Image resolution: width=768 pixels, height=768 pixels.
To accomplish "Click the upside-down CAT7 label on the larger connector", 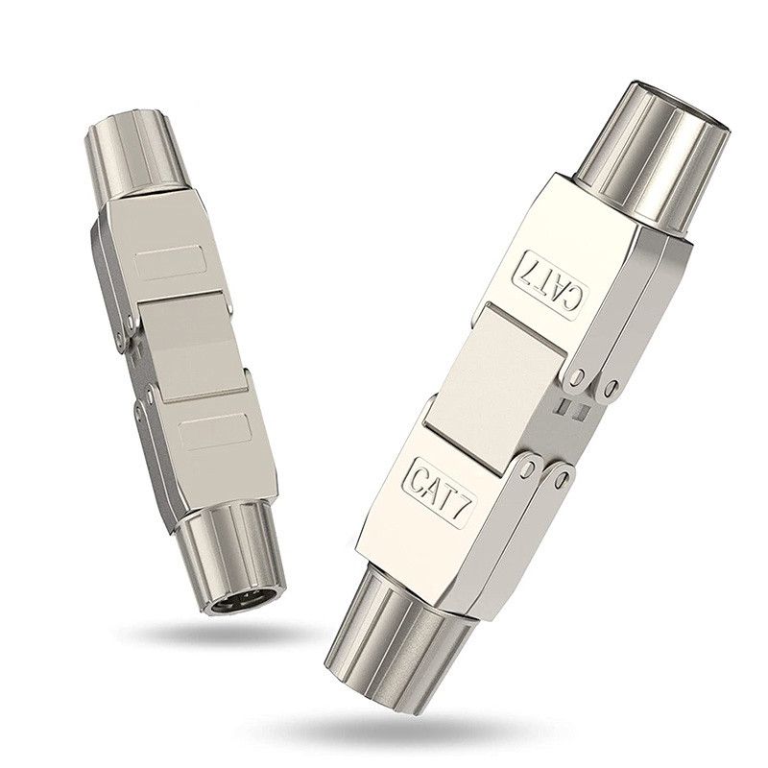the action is (551, 284).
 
